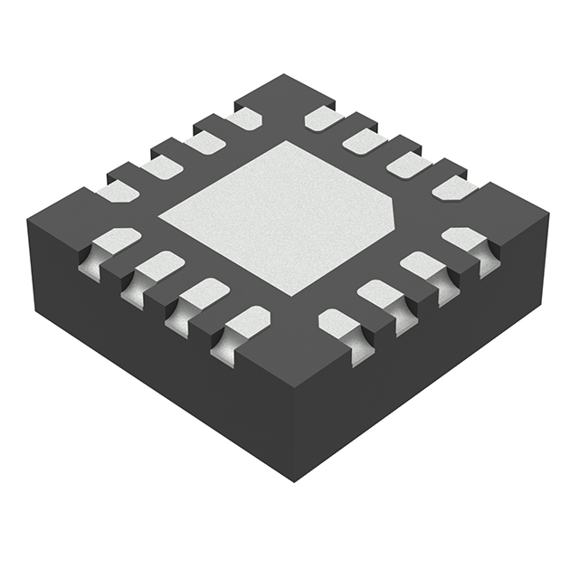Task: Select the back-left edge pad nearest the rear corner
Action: (x=243, y=118)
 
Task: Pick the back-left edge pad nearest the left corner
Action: (x=116, y=191)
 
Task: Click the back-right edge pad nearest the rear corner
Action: (x=323, y=119)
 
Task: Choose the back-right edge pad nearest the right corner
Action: (x=452, y=187)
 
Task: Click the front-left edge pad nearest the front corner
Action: (x=245, y=321)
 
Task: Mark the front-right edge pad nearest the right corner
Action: (x=466, y=240)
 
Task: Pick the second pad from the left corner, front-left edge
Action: (x=158, y=267)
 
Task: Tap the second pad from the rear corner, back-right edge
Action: (x=365, y=140)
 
